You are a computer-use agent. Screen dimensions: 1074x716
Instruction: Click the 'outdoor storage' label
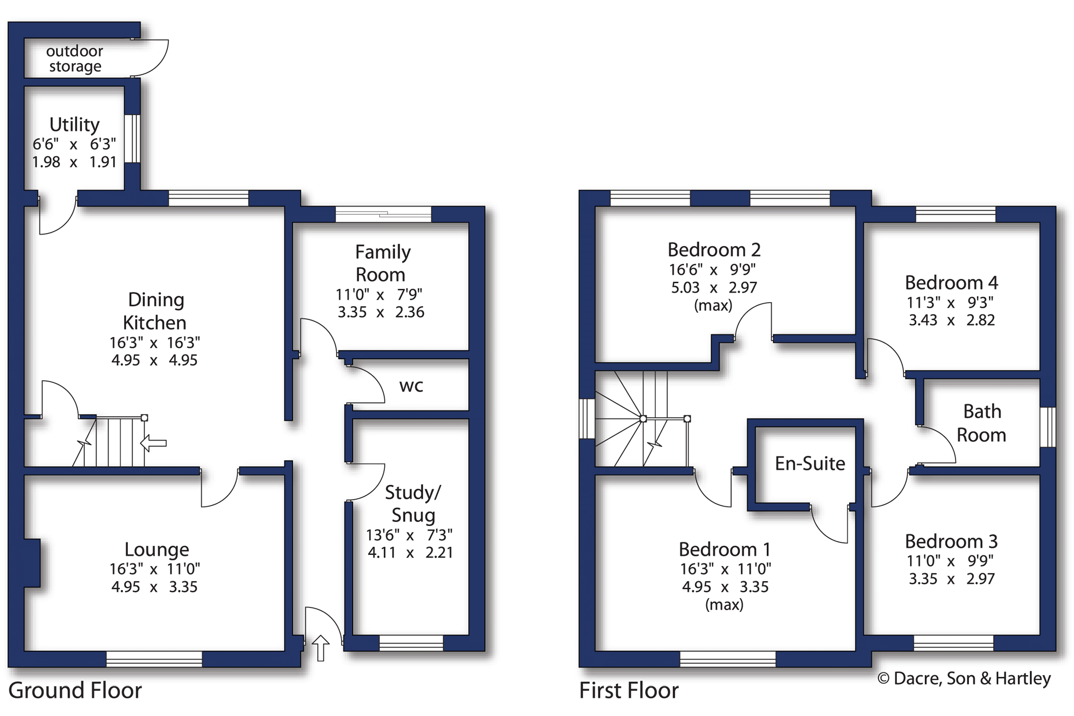coord(75,59)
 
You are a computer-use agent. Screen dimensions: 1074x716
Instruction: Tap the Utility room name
coord(75,125)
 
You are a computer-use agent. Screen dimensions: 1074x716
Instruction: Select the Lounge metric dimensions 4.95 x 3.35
coord(155,587)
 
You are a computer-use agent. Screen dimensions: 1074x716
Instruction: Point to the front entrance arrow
coord(320,648)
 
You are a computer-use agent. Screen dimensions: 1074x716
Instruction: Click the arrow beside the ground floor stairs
coord(153,443)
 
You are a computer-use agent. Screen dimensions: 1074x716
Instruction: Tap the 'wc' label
coord(411,387)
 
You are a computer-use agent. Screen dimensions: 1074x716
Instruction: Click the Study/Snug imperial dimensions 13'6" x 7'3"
coord(409,535)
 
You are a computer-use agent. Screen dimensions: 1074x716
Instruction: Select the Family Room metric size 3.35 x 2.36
coord(381,312)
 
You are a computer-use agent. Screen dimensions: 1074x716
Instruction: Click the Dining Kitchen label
coord(155,311)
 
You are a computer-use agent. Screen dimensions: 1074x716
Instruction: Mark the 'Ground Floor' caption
coord(75,690)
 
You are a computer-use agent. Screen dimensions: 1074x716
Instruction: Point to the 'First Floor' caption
coord(628,690)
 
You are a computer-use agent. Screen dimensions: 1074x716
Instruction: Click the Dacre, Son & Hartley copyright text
coord(964,678)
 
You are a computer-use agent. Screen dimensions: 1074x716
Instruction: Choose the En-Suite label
coord(810,463)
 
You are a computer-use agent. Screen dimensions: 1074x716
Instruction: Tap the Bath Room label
coord(982,423)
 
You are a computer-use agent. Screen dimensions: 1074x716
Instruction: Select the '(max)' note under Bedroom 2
coord(713,305)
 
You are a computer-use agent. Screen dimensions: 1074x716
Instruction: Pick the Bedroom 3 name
coord(951,541)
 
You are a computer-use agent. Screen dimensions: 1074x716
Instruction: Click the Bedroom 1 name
coord(724,549)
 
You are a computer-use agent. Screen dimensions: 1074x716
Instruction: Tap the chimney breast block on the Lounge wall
coord(32,563)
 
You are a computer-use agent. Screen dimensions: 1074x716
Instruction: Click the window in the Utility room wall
coord(132,138)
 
